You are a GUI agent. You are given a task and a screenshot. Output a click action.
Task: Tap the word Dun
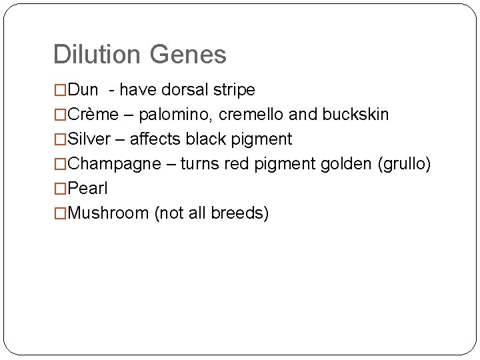pos(83,89)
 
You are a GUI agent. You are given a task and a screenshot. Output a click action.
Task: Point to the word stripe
pos(233,89)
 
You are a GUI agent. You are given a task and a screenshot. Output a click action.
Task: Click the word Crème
pos(93,115)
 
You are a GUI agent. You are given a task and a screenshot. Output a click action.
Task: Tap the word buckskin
pos(355,115)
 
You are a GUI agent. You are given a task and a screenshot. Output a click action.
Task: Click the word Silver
pos(90,139)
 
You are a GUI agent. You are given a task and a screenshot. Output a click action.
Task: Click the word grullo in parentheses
pos(404,164)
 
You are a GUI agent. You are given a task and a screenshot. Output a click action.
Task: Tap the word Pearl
pos(88,189)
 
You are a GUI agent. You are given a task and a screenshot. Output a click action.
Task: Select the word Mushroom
pos(109,213)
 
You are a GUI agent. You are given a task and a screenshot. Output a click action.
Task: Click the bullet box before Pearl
pos(61,189)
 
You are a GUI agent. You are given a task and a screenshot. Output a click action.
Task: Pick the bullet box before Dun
pos(61,89)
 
